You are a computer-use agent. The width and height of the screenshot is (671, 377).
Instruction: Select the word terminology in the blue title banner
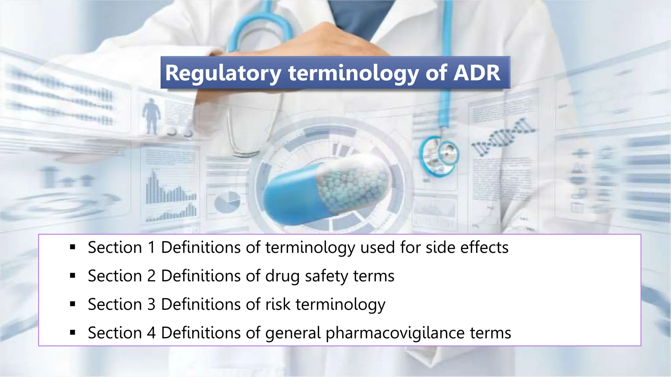[354, 73]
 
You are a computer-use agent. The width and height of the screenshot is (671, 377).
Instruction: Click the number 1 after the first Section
[151, 247]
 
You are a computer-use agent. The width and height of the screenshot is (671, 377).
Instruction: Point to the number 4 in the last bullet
[151, 333]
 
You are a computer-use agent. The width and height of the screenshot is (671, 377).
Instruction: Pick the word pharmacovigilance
[395, 333]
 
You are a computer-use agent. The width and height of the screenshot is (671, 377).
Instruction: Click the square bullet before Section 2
[73, 276]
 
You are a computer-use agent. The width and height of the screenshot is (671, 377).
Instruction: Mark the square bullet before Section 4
[73, 333]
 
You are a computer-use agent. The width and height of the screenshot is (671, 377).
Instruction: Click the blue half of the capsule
[288, 200]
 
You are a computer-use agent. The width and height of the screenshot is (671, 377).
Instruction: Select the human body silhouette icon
[151, 116]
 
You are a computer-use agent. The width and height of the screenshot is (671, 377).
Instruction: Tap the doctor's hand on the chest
[315, 39]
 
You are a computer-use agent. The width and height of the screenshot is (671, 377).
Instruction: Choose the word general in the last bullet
[293, 333]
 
